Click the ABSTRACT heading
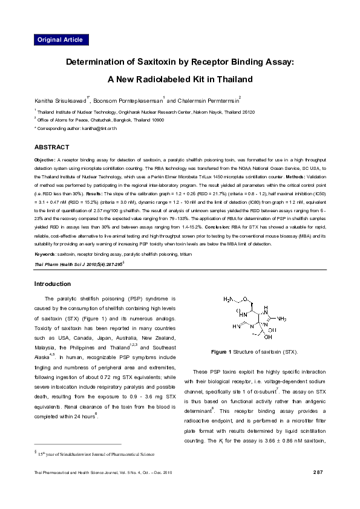click(x=51, y=148)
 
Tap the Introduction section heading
click(x=52, y=284)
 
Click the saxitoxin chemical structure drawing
click(x=254, y=317)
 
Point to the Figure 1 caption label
click(x=221, y=352)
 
